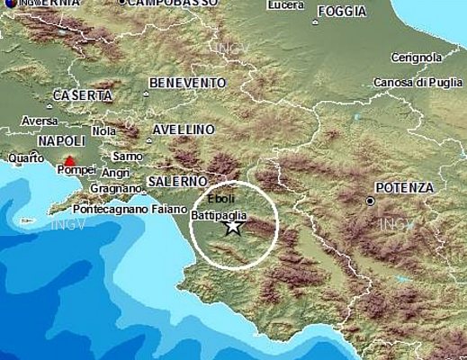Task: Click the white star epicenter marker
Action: [233, 226]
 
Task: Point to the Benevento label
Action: [187, 83]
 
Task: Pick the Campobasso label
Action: [173, 4]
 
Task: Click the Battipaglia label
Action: [219, 216]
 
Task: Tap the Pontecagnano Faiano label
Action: [122, 206]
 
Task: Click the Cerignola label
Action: [417, 58]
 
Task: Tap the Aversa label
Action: [39, 121]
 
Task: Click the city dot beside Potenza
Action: [371, 201]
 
